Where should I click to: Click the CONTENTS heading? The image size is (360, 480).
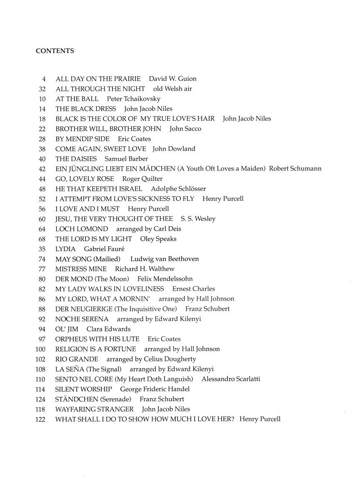click(55, 51)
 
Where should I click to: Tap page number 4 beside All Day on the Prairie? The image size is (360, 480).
click(43, 79)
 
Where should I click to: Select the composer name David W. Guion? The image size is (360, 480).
click(172, 79)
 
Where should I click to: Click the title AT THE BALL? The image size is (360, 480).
click(77, 99)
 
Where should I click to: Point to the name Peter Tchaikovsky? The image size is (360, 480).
click(133, 99)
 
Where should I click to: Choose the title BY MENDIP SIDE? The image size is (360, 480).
click(82, 139)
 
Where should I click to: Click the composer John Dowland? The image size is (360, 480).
click(174, 149)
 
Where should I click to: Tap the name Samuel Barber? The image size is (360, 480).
click(126, 159)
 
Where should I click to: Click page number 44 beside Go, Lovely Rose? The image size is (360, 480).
click(42, 179)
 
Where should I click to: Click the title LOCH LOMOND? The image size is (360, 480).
click(82, 229)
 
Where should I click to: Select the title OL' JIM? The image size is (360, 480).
click(67, 329)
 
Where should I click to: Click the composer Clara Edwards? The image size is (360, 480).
click(108, 329)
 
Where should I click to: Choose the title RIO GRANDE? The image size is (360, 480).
click(77, 359)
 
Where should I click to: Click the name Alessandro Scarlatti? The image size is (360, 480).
click(236, 379)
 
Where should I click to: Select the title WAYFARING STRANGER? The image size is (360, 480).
click(95, 409)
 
